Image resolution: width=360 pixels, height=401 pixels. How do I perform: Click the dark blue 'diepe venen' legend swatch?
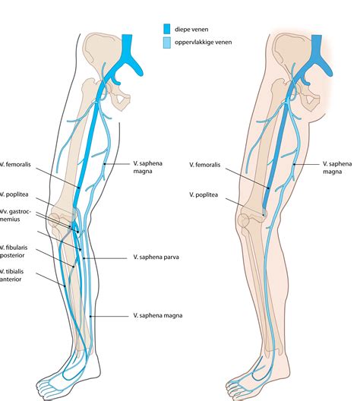(166, 29)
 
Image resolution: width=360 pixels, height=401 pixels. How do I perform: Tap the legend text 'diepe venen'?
(192, 29)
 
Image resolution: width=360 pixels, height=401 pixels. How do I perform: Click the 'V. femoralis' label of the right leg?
(207, 164)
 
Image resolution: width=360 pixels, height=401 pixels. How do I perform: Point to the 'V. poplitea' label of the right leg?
(206, 194)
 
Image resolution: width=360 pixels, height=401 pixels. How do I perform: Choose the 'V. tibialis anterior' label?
(14, 276)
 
